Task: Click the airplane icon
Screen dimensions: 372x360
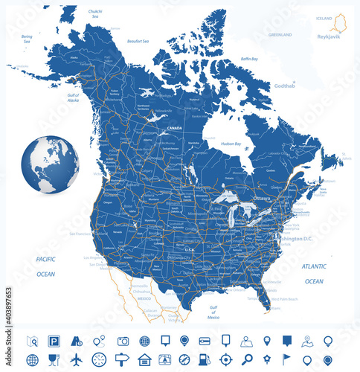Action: click(77, 360)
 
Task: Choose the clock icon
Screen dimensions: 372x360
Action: click(99, 360)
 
